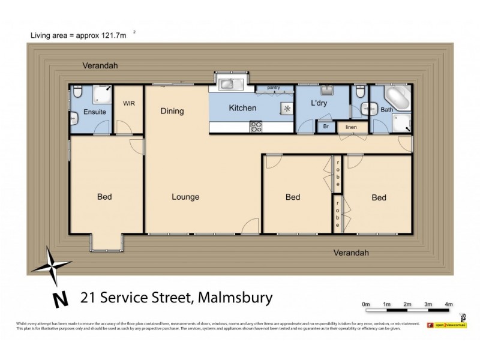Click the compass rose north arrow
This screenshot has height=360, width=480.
pos(52,267)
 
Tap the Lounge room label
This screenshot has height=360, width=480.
pos(185,197)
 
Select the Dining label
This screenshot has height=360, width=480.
pos(172,111)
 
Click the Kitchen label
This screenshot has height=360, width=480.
pos(242,109)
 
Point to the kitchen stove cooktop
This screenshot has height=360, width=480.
pos(256,127)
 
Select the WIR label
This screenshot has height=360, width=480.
pos(129,103)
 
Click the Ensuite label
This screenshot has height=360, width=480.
pos(95,112)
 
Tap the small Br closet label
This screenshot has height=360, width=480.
pos(326,127)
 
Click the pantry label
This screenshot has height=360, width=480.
pos(273,88)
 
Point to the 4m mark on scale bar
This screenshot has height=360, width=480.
pos(449,305)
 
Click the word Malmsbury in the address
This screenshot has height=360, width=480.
pos(236,297)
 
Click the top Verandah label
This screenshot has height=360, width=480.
pos(100,65)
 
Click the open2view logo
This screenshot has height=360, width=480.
pos(446,325)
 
